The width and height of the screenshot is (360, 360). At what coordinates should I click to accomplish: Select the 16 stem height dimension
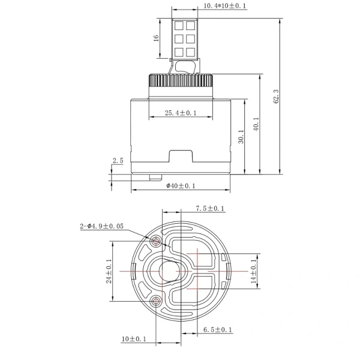click(156, 37)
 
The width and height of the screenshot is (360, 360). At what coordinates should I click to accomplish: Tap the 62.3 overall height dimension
click(275, 96)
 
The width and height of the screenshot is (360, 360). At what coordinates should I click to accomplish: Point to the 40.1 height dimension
click(256, 125)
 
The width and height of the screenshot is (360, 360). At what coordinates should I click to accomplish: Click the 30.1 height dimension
click(240, 137)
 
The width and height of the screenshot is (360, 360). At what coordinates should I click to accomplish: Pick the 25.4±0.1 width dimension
click(181, 113)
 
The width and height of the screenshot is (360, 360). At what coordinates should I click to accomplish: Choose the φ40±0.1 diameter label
click(181, 186)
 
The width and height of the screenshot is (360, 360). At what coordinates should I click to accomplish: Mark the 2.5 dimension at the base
click(118, 160)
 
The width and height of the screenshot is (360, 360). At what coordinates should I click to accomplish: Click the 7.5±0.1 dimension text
click(211, 208)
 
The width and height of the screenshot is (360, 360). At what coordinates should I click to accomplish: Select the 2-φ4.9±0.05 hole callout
click(101, 226)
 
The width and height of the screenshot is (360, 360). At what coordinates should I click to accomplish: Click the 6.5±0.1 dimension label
click(217, 329)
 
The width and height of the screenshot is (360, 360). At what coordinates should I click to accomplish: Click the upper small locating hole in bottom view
click(157, 241)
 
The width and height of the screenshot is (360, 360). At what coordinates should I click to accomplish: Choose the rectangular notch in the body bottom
click(181, 158)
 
